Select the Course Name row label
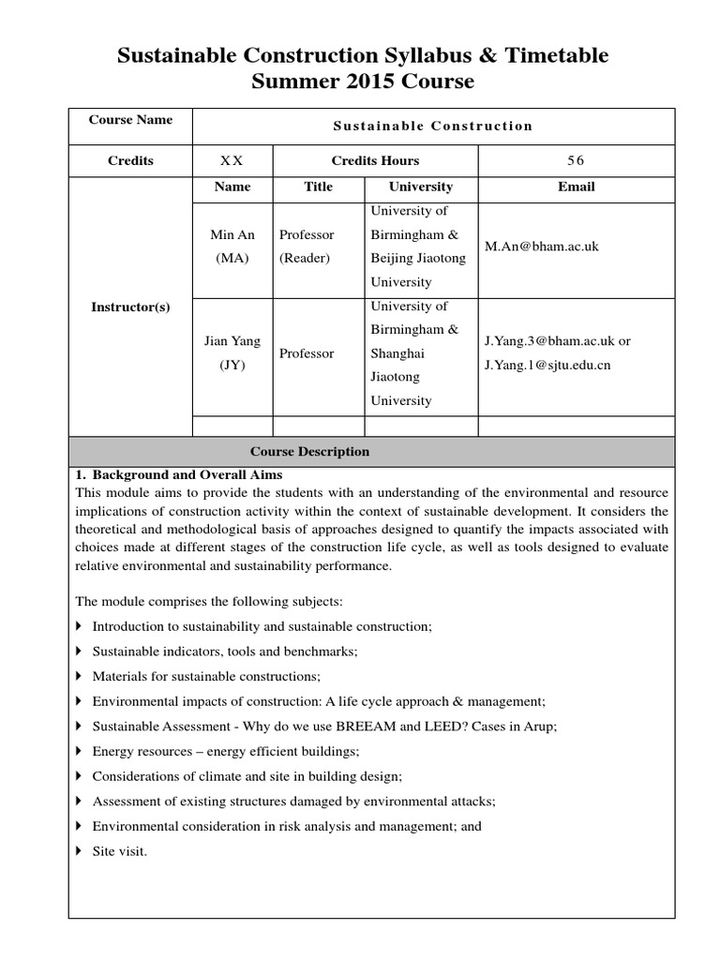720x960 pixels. point(130,120)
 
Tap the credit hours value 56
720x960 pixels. point(576,160)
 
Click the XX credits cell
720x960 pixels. point(232,160)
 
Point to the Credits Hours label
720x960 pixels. point(375,160)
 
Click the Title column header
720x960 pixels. point(319,187)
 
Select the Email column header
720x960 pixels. point(576,187)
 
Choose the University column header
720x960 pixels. point(421,187)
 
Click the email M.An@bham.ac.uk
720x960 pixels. point(541,247)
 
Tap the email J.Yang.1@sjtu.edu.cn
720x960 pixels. point(547,365)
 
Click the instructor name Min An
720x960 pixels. point(232,234)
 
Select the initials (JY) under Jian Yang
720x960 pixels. point(232,366)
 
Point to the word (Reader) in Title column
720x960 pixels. point(305,259)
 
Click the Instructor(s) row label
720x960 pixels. point(130,307)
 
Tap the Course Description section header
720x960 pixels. point(309,452)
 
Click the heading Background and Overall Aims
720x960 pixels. point(187,475)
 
